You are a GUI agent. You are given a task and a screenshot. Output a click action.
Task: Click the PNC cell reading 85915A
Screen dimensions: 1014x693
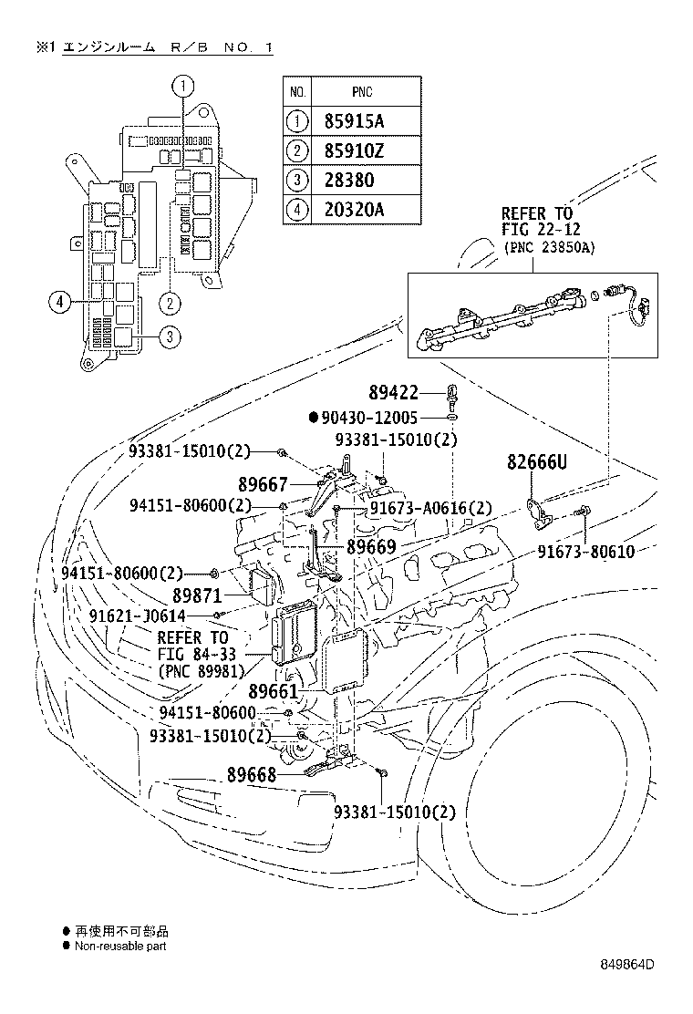(x=355, y=119)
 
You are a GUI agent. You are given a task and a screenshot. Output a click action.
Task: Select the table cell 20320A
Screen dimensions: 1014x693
(x=355, y=209)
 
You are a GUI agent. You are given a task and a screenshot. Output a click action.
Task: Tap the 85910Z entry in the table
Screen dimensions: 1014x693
(x=355, y=150)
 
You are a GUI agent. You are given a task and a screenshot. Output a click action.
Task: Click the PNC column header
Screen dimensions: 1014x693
(x=361, y=92)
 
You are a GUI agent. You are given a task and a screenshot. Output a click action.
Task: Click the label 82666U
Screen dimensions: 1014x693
(x=537, y=463)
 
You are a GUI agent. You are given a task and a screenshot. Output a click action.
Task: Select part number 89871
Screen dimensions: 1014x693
(x=199, y=595)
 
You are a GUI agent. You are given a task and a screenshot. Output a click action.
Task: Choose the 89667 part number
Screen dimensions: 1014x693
(x=264, y=485)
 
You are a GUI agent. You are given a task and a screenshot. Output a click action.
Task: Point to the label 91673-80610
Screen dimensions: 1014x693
(x=584, y=553)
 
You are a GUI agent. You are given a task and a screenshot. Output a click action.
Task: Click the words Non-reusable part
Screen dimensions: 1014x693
(x=120, y=947)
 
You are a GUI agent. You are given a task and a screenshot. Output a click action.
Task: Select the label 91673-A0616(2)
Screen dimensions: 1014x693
(x=430, y=509)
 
